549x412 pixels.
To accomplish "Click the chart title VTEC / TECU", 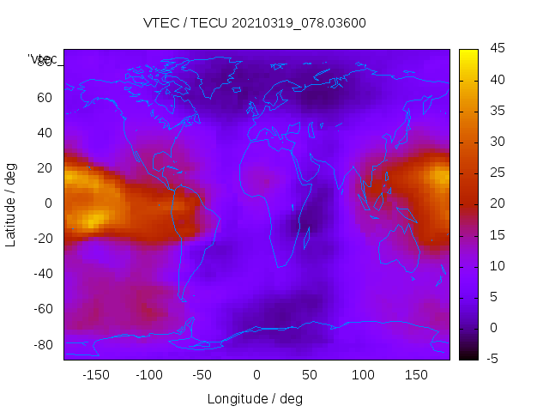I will [255, 23].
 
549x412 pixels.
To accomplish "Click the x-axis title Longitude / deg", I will [255, 399].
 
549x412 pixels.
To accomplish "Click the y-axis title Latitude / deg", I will [11, 203].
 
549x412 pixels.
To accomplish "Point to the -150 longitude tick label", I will [96, 375].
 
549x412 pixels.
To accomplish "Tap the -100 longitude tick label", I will [149, 375].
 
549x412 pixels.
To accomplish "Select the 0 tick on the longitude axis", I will [256, 375].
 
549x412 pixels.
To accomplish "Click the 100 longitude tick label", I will [363, 375].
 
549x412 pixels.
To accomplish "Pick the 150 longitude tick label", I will [416, 375].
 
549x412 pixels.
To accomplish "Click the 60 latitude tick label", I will [45, 98].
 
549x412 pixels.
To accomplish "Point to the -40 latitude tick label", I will [42, 274].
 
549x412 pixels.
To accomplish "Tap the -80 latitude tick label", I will [42, 344].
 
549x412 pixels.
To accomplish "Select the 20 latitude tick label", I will [45, 168].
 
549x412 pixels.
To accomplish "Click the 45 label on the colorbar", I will [496, 49].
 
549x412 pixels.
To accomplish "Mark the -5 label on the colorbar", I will [494, 359].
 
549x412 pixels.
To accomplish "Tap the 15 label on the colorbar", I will [496, 234].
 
